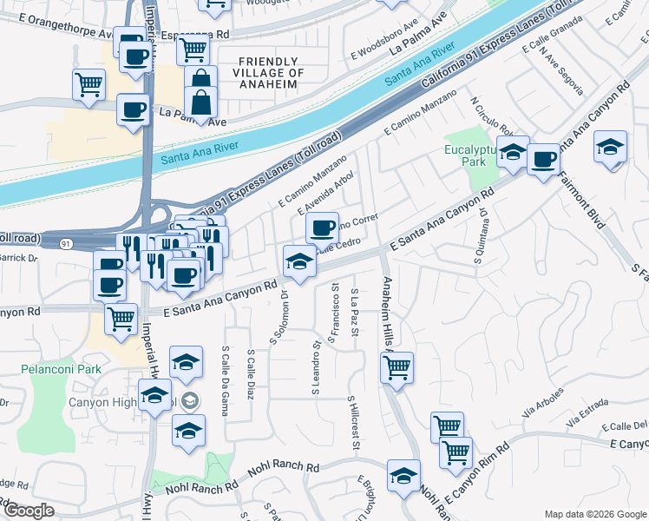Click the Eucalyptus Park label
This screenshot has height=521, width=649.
pos(469,155)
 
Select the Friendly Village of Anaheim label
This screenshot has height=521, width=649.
pos(270,67)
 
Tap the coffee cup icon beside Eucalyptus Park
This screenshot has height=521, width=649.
pos(543,159)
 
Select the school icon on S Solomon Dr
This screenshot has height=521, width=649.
pos(298,260)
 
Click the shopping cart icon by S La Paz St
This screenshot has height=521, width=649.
pos(397,366)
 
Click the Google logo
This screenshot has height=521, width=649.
pos(29,511)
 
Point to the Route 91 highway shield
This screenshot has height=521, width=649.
pos(67,245)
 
